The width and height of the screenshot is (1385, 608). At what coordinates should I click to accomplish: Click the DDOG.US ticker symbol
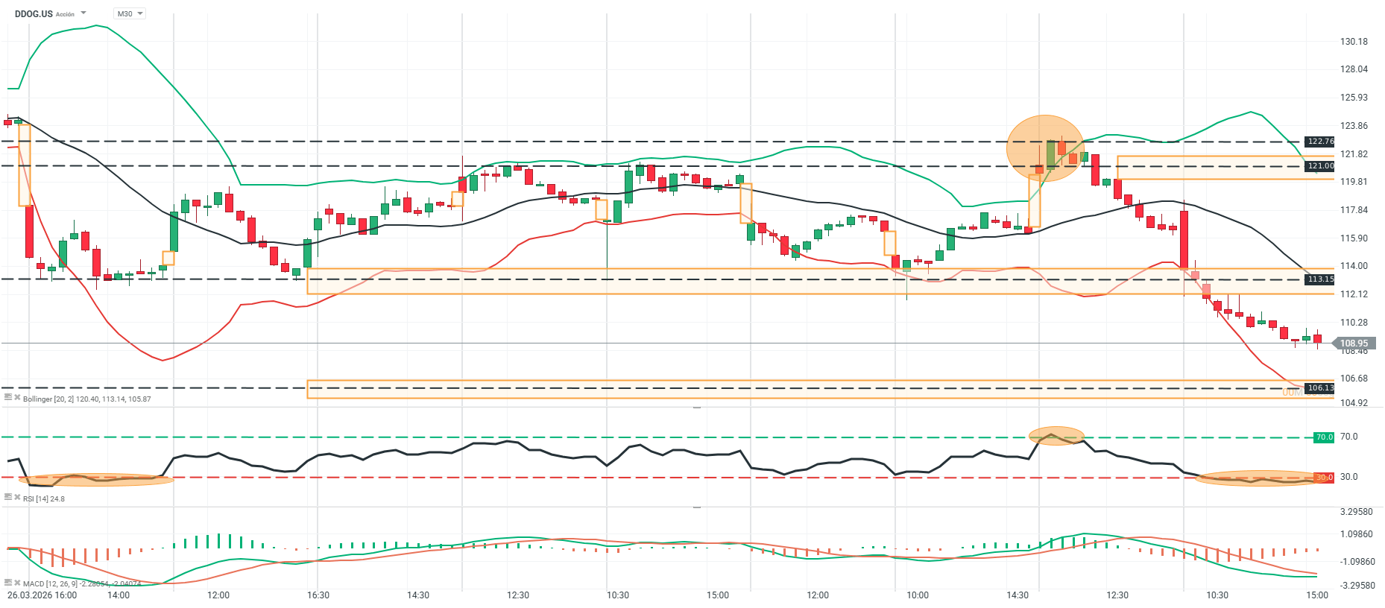coord(34,13)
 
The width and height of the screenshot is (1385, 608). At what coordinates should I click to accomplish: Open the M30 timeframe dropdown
coord(130,13)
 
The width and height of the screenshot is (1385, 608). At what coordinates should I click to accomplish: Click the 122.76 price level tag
coord(1320,142)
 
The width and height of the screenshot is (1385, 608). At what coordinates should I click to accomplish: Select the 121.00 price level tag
coord(1320,166)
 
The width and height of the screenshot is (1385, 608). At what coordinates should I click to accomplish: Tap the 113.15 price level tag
coord(1320,279)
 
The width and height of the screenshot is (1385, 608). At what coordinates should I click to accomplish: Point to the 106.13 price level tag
coord(1320,388)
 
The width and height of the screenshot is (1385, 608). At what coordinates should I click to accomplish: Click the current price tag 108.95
coord(1354,343)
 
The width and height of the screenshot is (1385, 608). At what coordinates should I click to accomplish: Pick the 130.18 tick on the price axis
coord(1354,42)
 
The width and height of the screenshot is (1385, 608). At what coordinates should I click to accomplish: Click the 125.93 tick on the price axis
coord(1354,98)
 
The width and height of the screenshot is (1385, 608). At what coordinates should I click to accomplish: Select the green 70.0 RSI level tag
coord(1323,437)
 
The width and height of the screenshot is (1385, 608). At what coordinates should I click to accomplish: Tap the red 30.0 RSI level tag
coord(1323,478)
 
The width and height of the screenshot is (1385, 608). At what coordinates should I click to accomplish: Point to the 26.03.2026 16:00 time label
coord(42,595)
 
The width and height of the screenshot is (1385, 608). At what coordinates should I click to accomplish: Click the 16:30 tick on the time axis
coord(318,595)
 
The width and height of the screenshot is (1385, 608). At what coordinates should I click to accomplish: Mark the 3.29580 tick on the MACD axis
coord(1356,512)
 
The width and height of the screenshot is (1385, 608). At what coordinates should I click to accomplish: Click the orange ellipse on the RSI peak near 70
coord(1056,436)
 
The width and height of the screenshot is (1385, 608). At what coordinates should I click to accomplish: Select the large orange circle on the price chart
coord(1045,148)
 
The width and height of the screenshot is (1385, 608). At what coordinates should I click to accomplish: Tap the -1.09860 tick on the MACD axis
coord(1356,562)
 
